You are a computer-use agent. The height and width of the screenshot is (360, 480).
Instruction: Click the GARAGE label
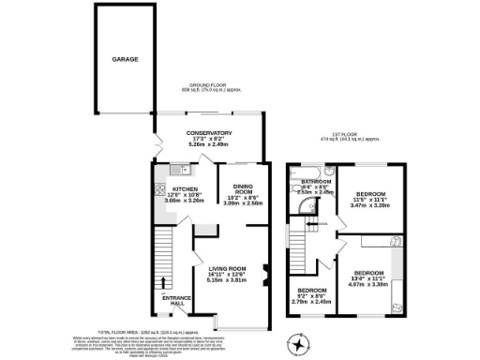(126, 59)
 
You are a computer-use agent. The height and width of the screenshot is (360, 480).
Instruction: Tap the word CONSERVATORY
(208, 132)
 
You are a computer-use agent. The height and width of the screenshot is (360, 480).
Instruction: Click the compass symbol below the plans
(301, 344)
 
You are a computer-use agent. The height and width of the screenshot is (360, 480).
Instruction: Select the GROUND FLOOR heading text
(212, 85)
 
